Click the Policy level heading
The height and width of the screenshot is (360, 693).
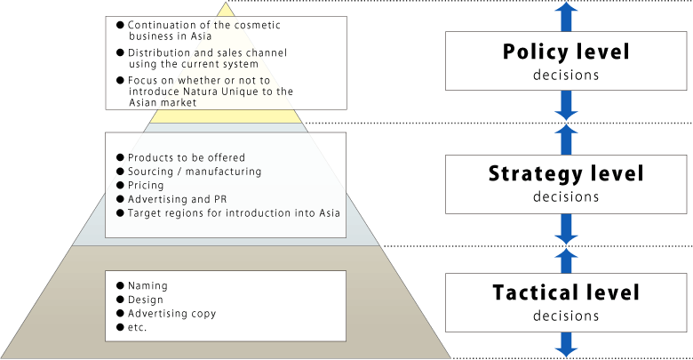click(x=566, y=52)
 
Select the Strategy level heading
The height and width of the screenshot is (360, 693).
click(x=566, y=172)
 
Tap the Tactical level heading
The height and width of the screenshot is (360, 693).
click(x=566, y=292)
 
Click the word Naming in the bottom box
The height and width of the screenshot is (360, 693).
click(x=147, y=285)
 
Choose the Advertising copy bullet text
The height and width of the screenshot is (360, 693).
click(x=171, y=314)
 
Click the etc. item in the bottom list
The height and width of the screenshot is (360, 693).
click(x=138, y=328)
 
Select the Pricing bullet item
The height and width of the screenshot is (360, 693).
click(x=146, y=186)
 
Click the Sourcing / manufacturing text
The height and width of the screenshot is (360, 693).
click(x=195, y=172)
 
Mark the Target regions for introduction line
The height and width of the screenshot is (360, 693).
click(x=234, y=214)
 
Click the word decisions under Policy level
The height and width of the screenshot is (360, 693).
click(x=566, y=75)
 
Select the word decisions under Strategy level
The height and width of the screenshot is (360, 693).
click(x=566, y=196)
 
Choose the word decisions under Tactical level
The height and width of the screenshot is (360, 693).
click(x=566, y=316)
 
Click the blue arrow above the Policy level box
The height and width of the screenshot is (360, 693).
click(x=566, y=16)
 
